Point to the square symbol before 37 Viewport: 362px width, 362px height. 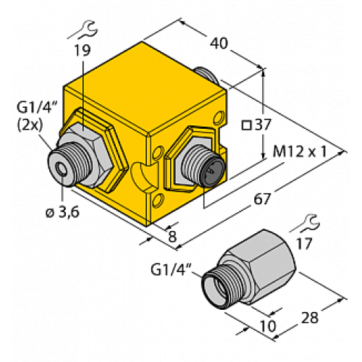(246, 125)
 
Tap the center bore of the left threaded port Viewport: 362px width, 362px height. (61, 164)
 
